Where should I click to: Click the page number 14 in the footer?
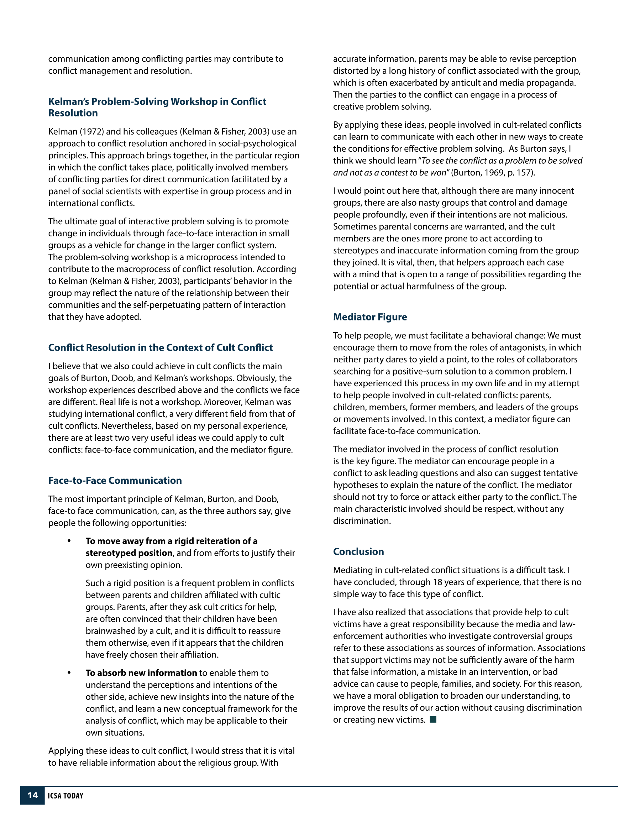[33, 795]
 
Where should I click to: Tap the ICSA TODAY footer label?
[65, 796]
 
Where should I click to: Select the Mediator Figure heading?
[369, 317]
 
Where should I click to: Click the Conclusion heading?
[358, 551]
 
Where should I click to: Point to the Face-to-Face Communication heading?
[115, 480]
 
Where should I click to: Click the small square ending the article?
[433, 719]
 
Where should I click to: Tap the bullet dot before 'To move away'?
[69, 541]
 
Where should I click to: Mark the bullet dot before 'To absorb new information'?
[69, 672]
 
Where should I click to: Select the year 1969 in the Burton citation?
[492, 172]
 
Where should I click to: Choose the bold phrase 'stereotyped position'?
[129, 553]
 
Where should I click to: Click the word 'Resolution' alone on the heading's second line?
[73, 113]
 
